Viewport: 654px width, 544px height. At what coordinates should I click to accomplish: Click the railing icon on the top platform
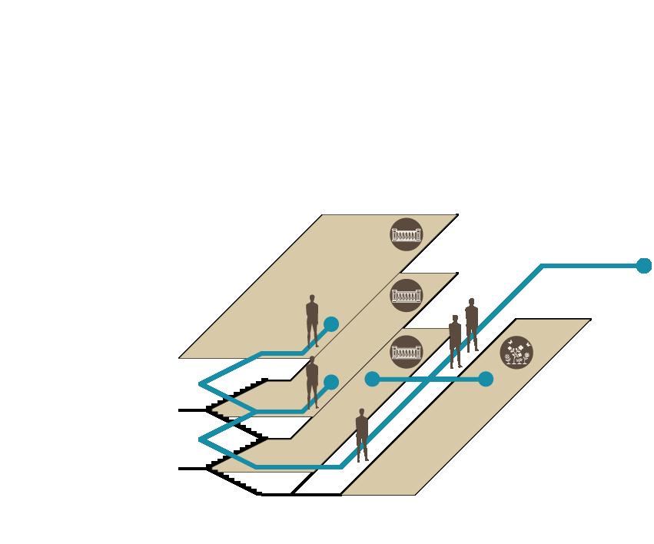click(x=407, y=234)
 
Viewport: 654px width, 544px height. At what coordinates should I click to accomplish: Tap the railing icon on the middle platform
click(x=407, y=295)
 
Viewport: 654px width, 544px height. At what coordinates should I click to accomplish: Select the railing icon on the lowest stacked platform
click(x=407, y=351)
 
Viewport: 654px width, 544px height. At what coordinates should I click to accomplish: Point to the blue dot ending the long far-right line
click(x=644, y=266)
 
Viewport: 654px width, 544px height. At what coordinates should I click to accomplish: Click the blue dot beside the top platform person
click(x=331, y=324)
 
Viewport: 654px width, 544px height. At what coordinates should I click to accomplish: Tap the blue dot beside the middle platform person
click(x=331, y=382)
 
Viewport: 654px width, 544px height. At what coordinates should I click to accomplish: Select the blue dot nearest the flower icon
click(x=486, y=379)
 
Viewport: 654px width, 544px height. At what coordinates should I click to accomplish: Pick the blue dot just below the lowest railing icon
click(x=372, y=379)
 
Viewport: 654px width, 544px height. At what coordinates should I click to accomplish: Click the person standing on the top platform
click(x=312, y=320)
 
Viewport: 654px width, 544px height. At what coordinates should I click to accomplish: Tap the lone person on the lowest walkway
click(x=361, y=435)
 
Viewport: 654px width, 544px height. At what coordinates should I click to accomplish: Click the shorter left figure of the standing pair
click(x=455, y=341)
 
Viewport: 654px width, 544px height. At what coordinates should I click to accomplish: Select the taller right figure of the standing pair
click(x=471, y=325)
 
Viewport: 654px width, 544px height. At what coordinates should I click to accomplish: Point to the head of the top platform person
click(x=312, y=298)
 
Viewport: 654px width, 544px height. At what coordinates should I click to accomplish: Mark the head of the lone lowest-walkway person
click(x=361, y=413)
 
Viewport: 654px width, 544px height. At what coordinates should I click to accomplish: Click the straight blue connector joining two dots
click(x=429, y=379)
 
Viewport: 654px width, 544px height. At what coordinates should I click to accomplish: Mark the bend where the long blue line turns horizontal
click(x=543, y=266)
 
